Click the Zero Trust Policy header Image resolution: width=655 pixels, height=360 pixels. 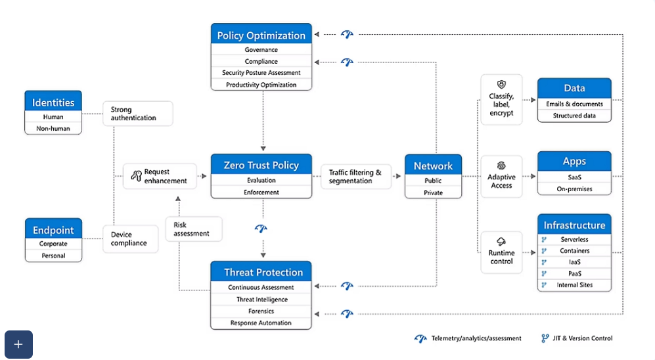[261, 165]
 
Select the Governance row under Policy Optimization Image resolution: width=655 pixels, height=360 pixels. [261, 50]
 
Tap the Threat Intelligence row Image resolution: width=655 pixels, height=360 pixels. [261, 300]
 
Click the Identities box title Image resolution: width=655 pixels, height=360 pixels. [53, 102]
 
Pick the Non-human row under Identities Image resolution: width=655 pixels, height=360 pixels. [53, 129]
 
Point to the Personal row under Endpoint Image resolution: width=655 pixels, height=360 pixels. [53, 256]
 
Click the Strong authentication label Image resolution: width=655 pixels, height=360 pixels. [137, 114]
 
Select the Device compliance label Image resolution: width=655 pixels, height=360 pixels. [130, 238]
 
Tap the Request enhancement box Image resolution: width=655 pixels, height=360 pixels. [160, 176]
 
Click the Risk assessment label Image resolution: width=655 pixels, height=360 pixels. [193, 229]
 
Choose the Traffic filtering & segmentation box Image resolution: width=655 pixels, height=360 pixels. [355, 177]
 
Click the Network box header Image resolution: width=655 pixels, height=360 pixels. [433, 166]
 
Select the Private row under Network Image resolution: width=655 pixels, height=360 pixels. [433, 193]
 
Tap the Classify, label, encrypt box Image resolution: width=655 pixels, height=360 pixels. [501, 100]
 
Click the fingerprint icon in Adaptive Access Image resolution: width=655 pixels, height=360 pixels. [501, 166]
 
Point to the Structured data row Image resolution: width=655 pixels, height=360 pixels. [574, 116]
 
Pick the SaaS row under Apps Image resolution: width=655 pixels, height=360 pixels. [574, 177]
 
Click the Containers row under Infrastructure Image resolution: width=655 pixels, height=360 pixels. [574, 251]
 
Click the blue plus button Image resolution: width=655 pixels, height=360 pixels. [18, 344]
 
